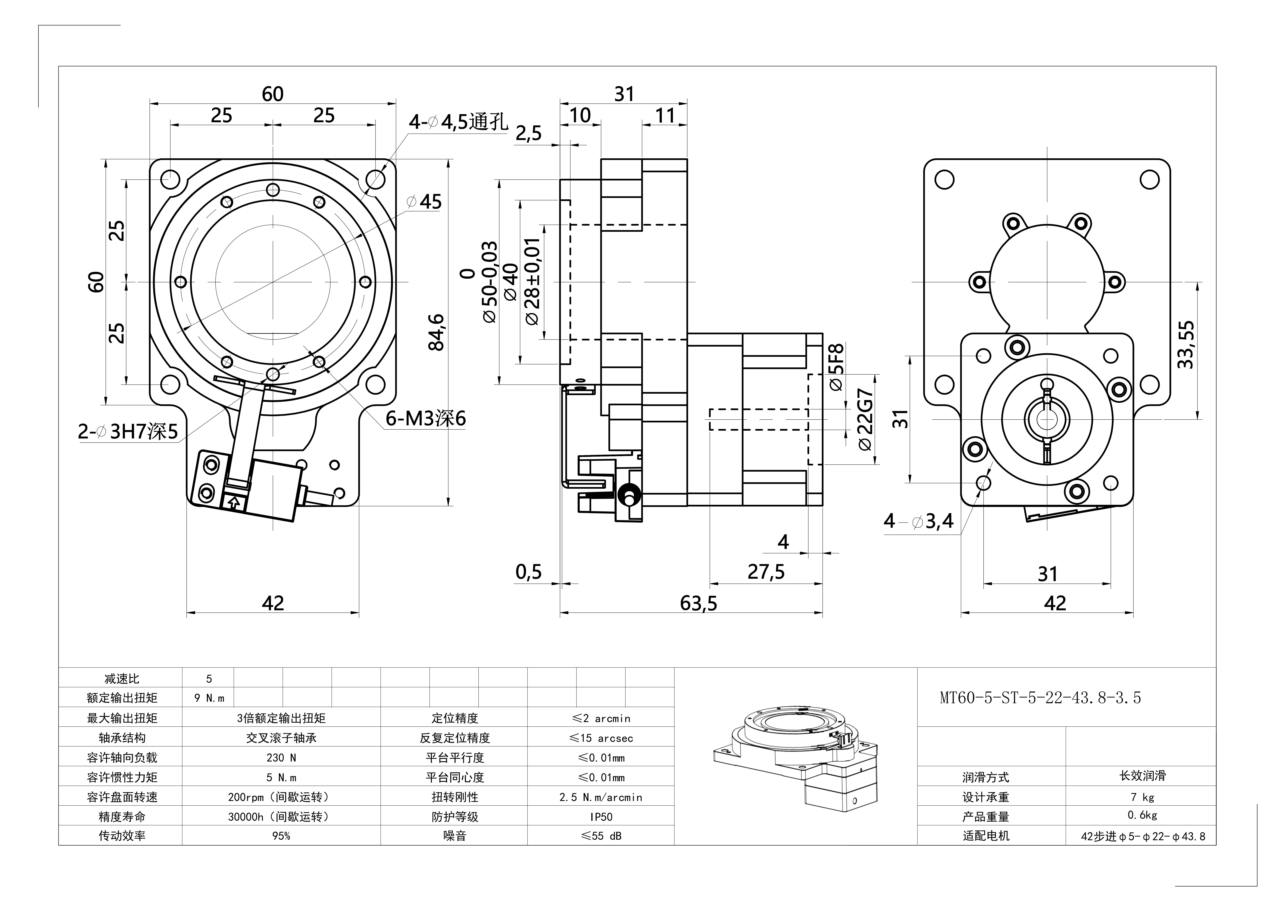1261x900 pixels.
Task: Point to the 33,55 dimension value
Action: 1186,345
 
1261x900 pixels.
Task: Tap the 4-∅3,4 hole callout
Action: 918,521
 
